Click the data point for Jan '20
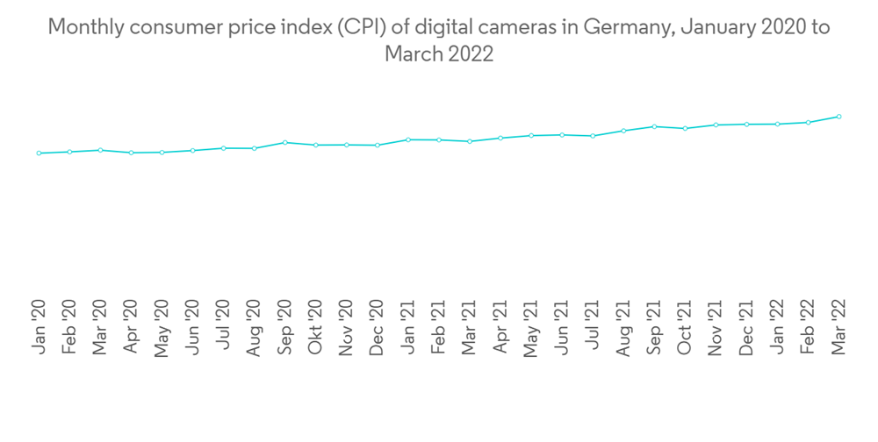(x=39, y=153)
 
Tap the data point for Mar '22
(x=839, y=117)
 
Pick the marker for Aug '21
(x=623, y=131)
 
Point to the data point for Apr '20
(x=131, y=153)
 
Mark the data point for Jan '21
(x=408, y=139)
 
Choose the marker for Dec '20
(x=378, y=145)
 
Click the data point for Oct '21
(x=685, y=128)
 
